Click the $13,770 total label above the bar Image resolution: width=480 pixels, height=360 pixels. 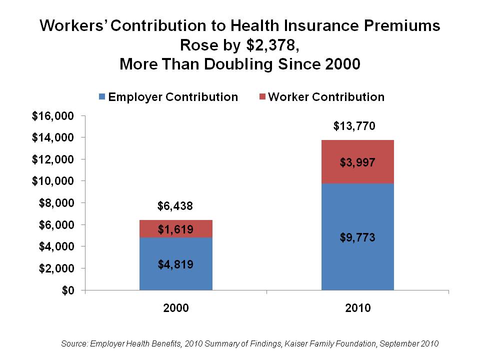click(357, 125)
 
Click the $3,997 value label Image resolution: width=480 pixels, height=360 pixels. click(358, 162)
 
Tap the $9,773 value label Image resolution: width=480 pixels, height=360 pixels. click(358, 237)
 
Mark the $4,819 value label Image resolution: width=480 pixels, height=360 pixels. click(176, 264)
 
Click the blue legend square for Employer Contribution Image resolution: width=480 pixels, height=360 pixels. click(102, 97)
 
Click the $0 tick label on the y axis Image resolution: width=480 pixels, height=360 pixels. click(67, 290)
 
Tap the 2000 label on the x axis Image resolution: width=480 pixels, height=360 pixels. click(176, 308)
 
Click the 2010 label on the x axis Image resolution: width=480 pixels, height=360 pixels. click(358, 308)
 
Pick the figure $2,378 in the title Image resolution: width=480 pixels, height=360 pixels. click(273, 45)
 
